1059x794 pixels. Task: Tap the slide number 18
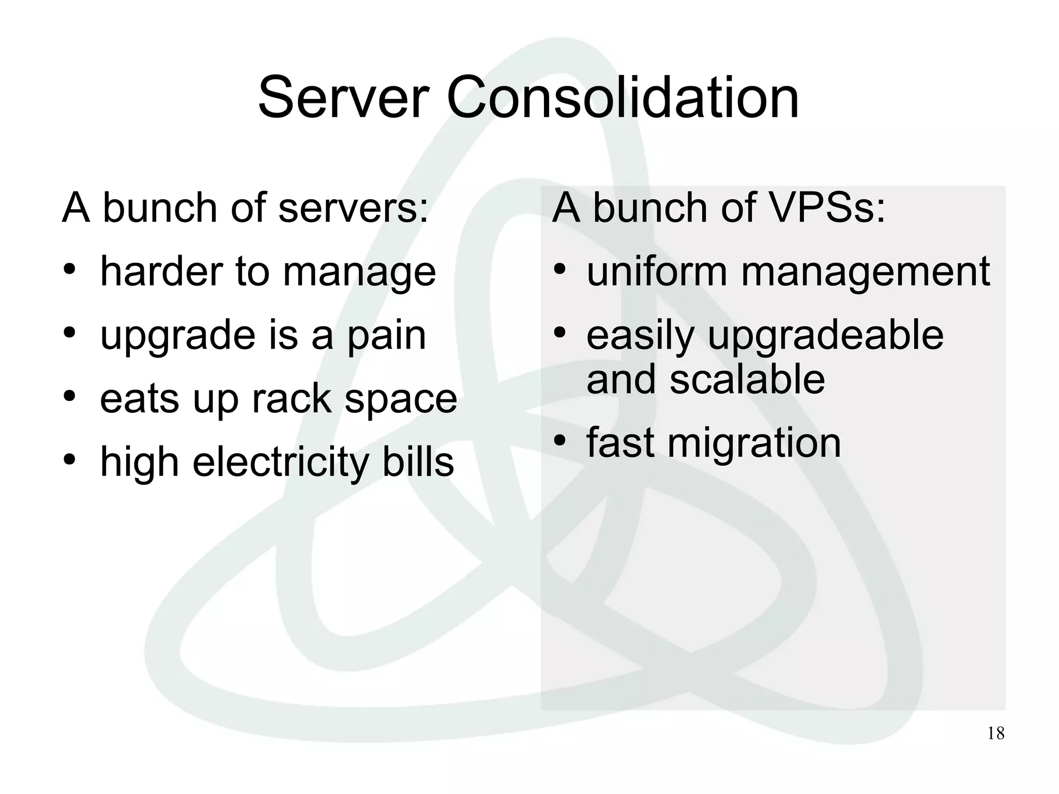(995, 733)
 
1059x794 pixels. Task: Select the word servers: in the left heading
(353, 208)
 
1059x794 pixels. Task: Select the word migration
(754, 444)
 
